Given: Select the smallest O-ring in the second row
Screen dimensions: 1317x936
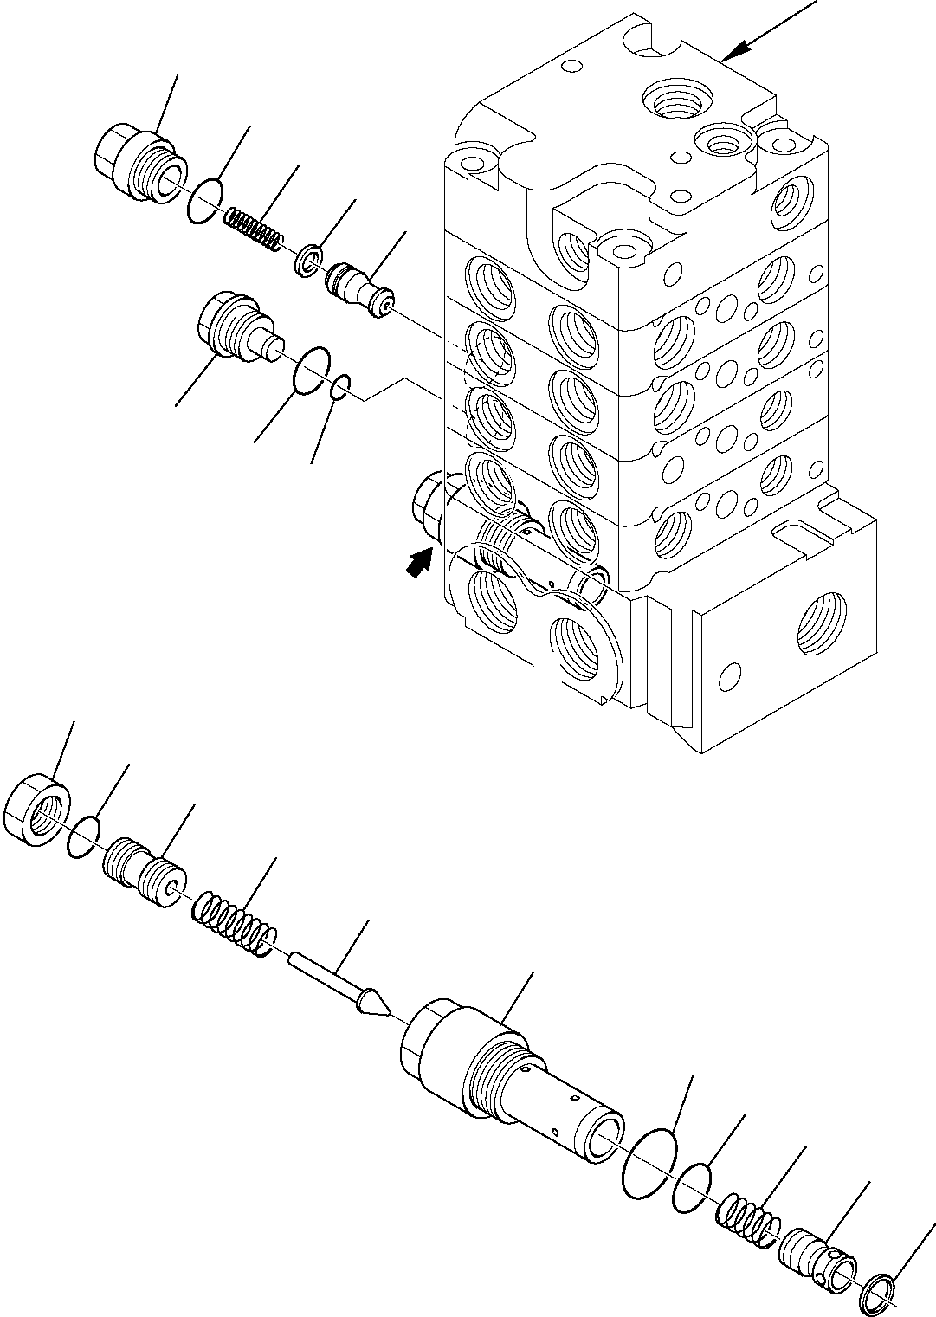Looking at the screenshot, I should coord(340,387).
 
